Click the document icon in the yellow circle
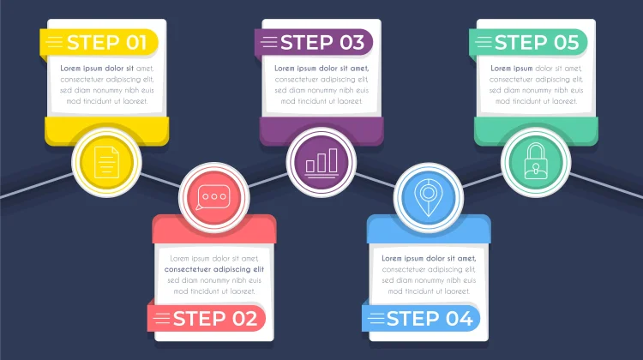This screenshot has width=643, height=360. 106,162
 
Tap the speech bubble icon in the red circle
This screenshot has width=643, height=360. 213,197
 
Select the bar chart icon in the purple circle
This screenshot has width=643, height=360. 321,163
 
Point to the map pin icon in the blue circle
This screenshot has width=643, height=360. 428,197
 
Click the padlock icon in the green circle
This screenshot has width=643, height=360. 536,161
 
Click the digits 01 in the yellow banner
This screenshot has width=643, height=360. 136,43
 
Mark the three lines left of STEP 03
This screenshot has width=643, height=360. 269,42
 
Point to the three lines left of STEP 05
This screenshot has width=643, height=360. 484,42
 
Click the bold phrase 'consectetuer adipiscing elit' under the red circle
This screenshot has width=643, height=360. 214,269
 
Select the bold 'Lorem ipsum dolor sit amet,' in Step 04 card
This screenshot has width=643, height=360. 429,258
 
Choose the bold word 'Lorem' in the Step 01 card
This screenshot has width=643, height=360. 70,68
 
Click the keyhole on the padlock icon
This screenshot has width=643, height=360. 536,168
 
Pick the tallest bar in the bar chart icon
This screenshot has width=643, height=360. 333,160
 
